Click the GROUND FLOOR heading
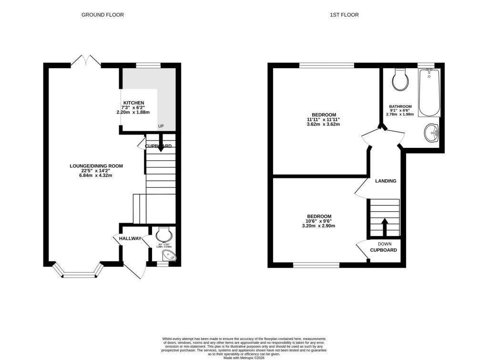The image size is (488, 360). (102, 15)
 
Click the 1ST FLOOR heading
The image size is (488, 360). (344, 15)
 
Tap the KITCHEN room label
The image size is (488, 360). (133, 103)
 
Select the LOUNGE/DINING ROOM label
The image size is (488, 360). (96, 166)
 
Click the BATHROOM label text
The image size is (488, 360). (400, 106)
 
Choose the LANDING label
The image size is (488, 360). (386, 181)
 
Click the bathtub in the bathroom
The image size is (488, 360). (429, 93)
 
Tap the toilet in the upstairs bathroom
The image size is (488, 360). (400, 80)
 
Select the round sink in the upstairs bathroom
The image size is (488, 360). (432, 132)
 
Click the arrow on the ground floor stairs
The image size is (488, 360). (161, 145)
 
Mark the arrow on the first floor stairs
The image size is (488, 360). (384, 226)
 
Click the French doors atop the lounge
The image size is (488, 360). (86, 61)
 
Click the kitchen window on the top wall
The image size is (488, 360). (148, 65)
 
